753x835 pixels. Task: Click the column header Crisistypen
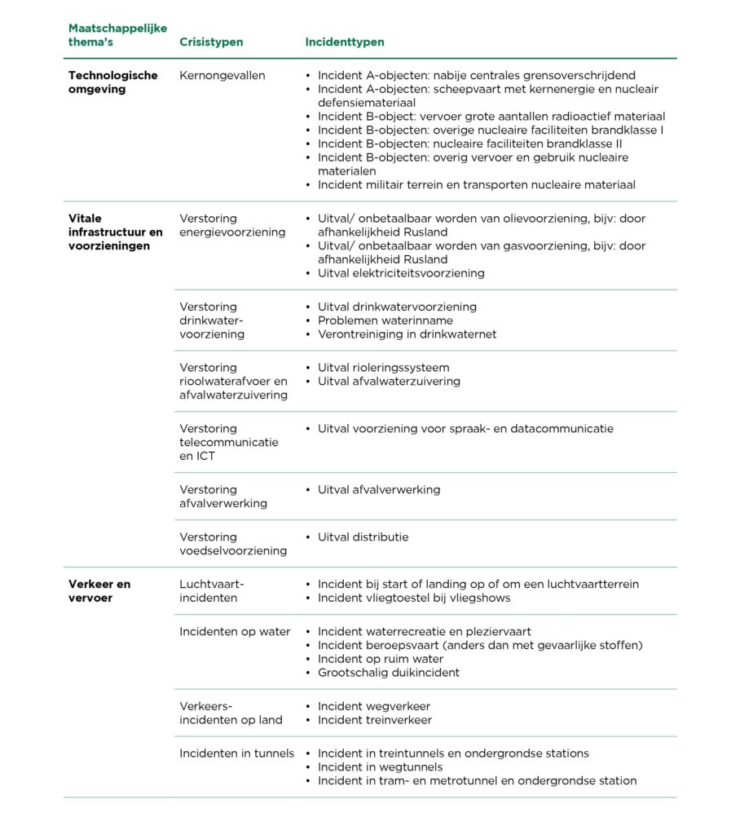pyautogui.click(x=211, y=42)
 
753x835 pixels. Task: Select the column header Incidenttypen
pyautogui.click(x=345, y=42)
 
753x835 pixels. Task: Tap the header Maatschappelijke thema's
pyautogui.click(x=117, y=35)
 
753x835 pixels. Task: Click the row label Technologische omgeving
pyautogui.click(x=112, y=82)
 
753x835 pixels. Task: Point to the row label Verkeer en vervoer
pyautogui.click(x=99, y=591)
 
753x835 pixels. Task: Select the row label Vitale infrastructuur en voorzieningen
pyautogui.click(x=115, y=232)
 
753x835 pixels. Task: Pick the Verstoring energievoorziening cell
pyautogui.click(x=232, y=225)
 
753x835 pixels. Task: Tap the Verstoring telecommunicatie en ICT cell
pyautogui.click(x=228, y=442)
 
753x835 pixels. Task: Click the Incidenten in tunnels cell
pyautogui.click(x=236, y=753)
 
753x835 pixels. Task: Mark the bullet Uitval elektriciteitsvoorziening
pyautogui.click(x=401, y=273)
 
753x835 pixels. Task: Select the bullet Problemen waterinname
pyautogui.click(x=385, y=320)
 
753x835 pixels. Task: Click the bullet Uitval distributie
pyautogui.click(x=363, y=537)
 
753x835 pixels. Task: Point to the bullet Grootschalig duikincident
pyautogui.click(x=388, y=673)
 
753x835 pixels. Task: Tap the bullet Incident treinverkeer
pyautogui.click(x=374, y=720)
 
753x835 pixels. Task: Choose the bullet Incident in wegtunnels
pyautogui.click(x=380, y=767)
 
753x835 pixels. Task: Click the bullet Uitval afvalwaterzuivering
pyautogui.click(x=389, y=382)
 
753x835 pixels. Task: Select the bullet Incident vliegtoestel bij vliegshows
pyautogui.click(x=414, y=598)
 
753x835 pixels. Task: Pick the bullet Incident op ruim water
pyautogui.click(x=381, y=659)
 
